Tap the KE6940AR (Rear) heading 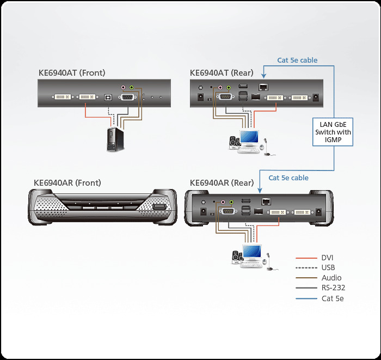[x=222, y=182]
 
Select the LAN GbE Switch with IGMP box [x=333, y=132]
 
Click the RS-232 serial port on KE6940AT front [x=129, y=97]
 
